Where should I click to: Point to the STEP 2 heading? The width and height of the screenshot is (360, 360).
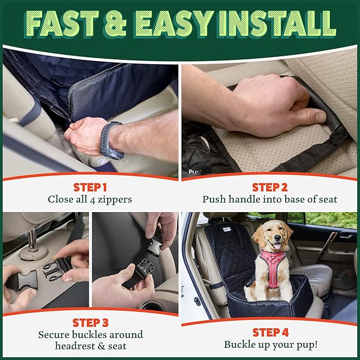point(270,187)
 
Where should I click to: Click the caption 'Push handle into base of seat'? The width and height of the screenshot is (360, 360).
point(270,200)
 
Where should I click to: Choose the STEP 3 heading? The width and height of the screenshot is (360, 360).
point(90,322)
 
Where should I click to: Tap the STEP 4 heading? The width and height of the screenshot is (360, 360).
point(270,332)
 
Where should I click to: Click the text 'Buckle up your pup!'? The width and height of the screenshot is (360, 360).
point(270,345)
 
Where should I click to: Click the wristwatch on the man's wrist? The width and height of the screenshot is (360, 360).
point(112,139)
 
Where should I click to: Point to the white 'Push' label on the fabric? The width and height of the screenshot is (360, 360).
point(195,172)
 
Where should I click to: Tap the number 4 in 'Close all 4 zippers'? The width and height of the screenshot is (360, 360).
point(93,200)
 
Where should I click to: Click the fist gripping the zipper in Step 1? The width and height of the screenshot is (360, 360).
point(85,135)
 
